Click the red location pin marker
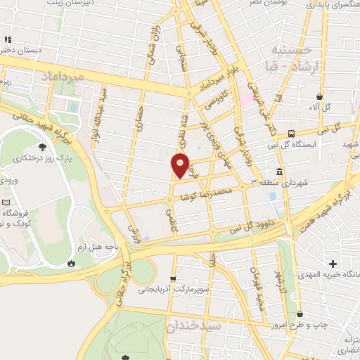(x=181, y=165)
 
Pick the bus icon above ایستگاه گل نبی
(x=291, y=132)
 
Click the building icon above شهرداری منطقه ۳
(x=279, y=172)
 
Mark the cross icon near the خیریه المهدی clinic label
(x=333, y=264)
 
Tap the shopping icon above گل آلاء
(x=320, y=97)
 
